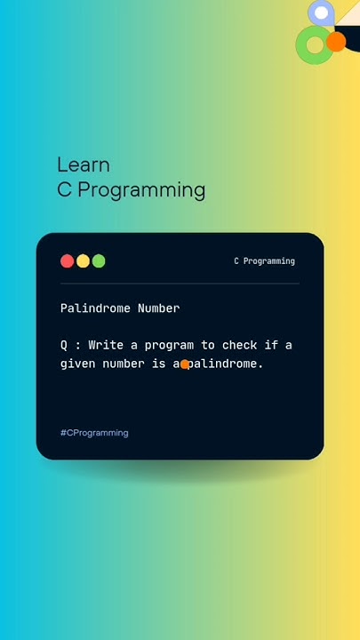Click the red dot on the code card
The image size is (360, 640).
click(x=67, y=261)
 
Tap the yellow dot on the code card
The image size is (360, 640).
click(x=83, y=261)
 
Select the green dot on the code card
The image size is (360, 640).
click(x=99, y=261)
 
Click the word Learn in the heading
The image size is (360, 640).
click(x=84, y=164)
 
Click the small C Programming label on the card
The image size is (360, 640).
click(x=264, y=261)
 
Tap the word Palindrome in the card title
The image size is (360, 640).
click(x=95, y=308)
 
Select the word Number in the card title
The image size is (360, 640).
click(x=158, y=308)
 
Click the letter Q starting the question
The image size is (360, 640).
click(x=64, y=345)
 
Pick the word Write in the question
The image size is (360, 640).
click(x=106, y=345)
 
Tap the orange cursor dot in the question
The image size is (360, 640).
click(x=185, y=364)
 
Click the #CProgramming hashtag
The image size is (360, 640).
click(x=94, y=433)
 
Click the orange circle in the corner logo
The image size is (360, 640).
click(x=336, y=42)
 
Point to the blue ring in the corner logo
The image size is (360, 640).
click(x=321, y=12)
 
